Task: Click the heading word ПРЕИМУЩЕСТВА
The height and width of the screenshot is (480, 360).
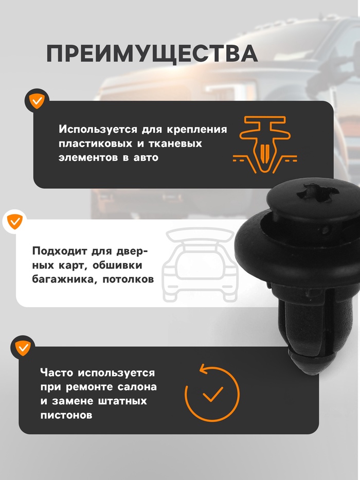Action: click(x=152, y=54)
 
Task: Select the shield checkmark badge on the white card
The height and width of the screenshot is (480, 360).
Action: click(x=14, y=221)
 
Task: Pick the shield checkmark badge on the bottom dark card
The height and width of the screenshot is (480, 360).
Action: click(x=23, y=347)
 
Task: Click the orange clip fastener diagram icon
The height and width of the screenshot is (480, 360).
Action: click(x=265, y=145)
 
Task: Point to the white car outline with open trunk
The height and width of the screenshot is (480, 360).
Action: click(x=200, y=264)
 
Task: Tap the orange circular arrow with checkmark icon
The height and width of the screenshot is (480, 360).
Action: click(x=212, y=393)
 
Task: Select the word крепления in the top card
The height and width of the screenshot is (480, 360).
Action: click(x=196, y=130)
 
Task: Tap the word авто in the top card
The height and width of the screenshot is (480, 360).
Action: click(x=146, y=158)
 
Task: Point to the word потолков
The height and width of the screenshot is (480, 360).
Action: click(x=128, y=280)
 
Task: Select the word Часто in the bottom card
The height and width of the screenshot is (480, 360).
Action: click(x=57, y=373)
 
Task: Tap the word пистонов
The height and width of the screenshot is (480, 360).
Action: click(x=66, y=415)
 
